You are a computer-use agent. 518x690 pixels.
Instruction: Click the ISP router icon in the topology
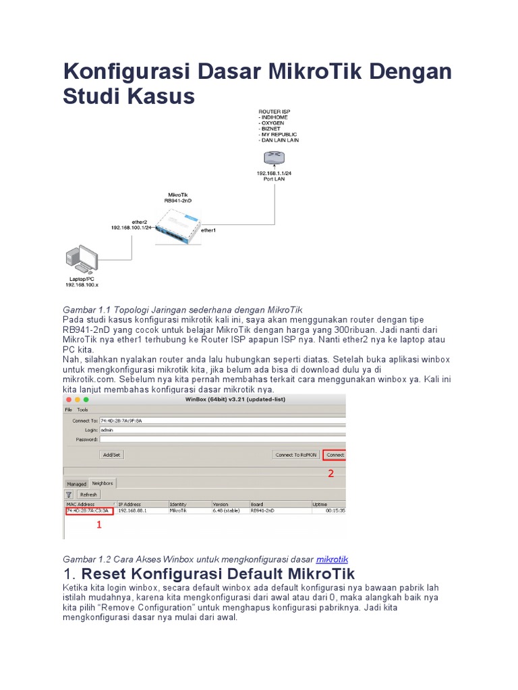pos(275,158)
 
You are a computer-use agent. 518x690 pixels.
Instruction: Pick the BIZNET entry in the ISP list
pos(271,129)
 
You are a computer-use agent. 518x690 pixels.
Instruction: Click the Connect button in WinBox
pos(335,455)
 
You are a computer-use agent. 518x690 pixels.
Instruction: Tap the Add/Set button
pos(111,455)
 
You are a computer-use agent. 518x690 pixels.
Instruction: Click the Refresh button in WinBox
pos(88,494)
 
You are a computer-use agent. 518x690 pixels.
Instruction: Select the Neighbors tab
pos(103,483)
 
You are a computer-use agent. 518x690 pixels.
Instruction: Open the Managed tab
pos(76,483)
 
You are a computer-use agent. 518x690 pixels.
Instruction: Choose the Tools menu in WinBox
pos(82,409)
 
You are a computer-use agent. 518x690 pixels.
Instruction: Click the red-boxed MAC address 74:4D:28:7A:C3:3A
pos(89,511)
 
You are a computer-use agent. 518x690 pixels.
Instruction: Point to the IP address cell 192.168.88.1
pos(132,511)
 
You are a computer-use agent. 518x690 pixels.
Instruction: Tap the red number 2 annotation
pos(330,474)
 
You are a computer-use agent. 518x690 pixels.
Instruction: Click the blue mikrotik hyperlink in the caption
pos(332,559)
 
